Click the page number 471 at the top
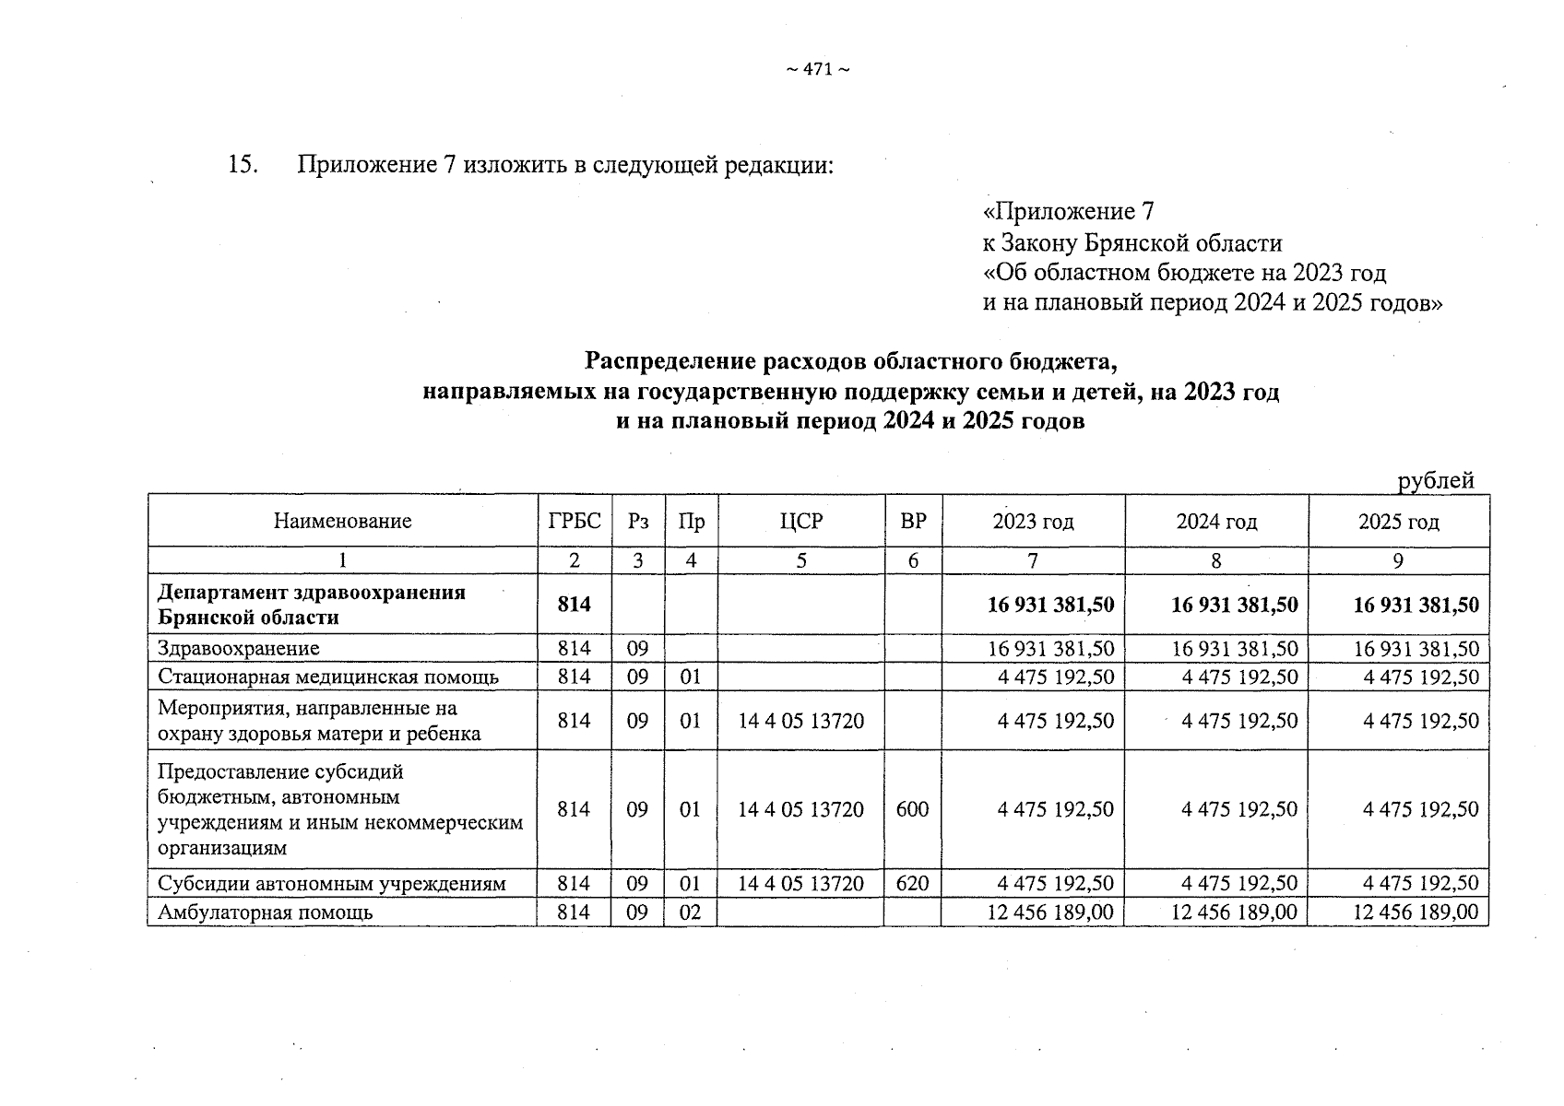pyautogui.click(x=817, y=70)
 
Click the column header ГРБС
pyautogui.click(x=574, y=522)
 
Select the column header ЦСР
pyautogui.click(x=800, y=522)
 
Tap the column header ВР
pyautogui.click(x=913, y=522)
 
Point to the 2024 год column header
pyautogui.click(x=1216, y=523)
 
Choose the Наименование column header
pyautogui.click(x=342, y=522)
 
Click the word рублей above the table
pyautogui.click(x=1436, y=480)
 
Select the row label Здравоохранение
pyautogui.click(x=239, y=649)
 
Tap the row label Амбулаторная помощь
pyautogui.click(x=266, y=912)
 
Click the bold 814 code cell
pyautogui.click(x=574, y=605)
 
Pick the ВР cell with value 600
pyautogui.click(x=912, y=809)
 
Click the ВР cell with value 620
pyautogui.click(x=912, y=884)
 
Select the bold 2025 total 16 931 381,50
pyautogui.click(x=1416, y=605)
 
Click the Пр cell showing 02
pyautogui.click(x=691, y=912)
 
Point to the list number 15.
pyautogui.click(x=241, y=166)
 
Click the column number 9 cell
pyautogui.click(x=1398, y=560)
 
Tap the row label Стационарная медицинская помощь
pyautogui.click(x=328, y=677)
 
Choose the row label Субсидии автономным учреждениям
pyautogui.click(x=332, y=884)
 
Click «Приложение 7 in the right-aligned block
pyautogui.click(x=1068, y=212)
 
